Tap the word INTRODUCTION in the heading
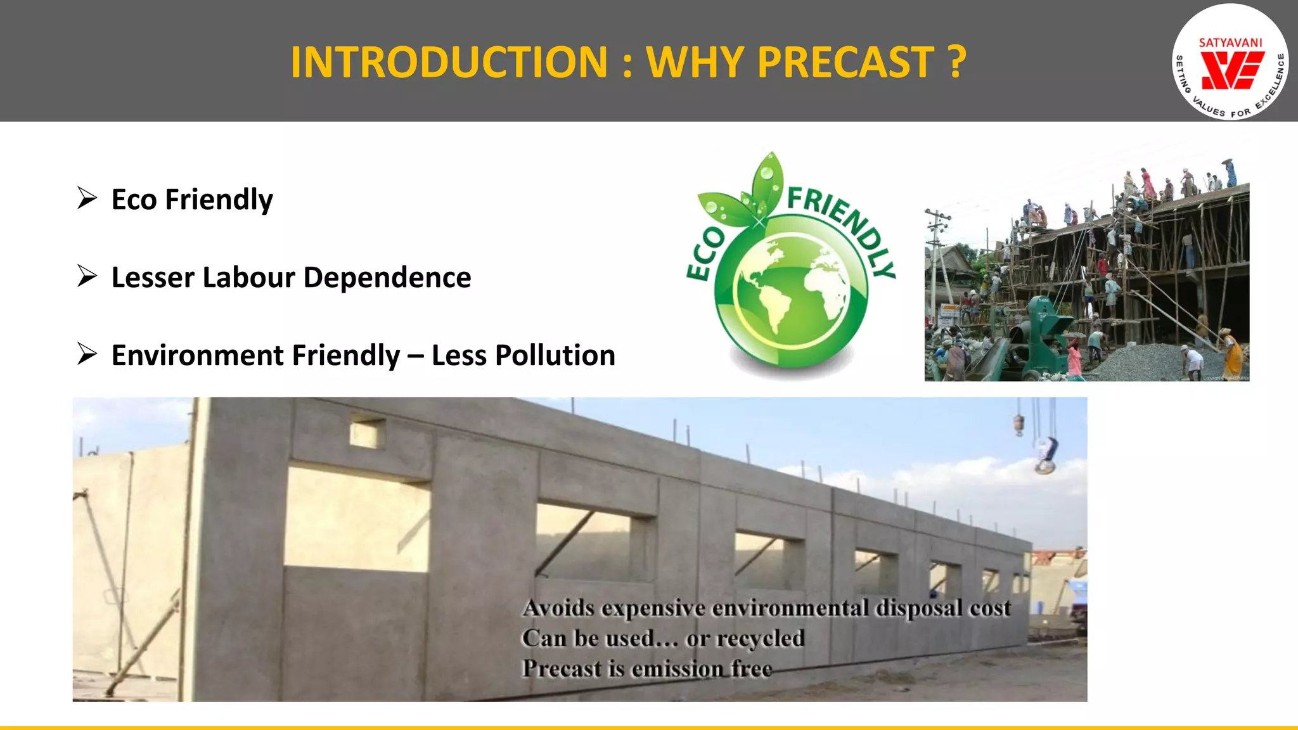(449, 62)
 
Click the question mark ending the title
(957, 62)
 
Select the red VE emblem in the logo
(1232, 70)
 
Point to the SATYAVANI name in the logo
(1231, 43)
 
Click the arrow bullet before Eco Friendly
(87, 198)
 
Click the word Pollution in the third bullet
(555, 355)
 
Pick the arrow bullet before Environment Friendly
(87, 354)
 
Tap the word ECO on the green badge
(705, 254)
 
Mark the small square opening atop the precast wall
(368, 433)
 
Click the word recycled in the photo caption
(760, 638)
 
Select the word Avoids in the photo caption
(558, 608)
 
